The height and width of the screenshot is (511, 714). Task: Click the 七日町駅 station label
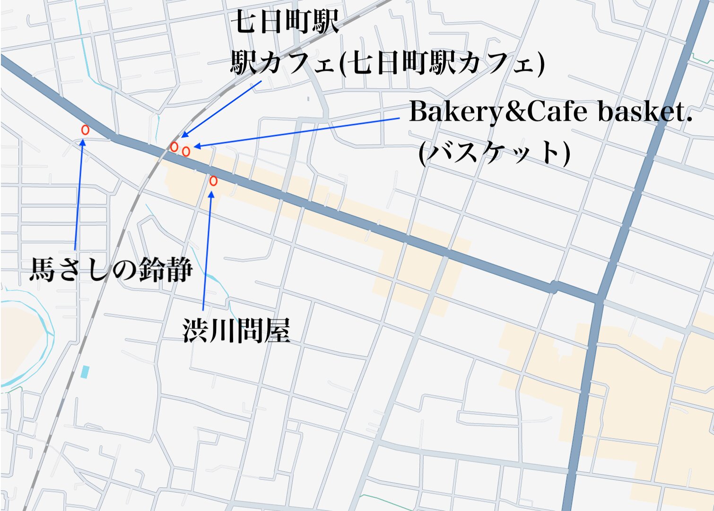(285, 22)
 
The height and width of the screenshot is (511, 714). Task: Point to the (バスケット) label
(495, 152)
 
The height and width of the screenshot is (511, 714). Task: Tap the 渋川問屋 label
(236, 330)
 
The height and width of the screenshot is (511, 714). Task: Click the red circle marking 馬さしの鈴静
(85, 130)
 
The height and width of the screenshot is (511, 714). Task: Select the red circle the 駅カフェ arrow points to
(174, 147)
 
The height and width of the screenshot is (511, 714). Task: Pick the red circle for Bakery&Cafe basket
(186, 152)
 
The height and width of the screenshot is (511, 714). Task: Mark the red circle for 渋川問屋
(213, 181)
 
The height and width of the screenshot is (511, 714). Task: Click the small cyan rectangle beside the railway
(85, 372)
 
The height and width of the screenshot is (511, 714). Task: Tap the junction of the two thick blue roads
(599, 299)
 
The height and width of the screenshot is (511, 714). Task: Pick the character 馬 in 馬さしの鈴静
(43, 270)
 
